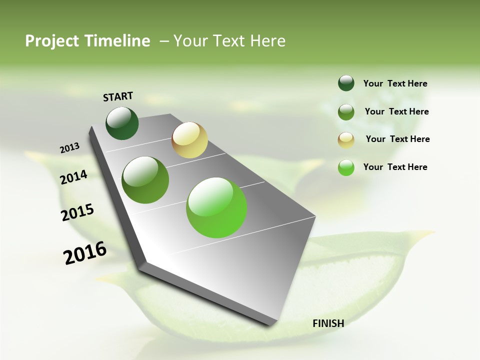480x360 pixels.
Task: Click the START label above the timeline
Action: (x=118, y=96)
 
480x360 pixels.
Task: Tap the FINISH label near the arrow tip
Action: (x=328, y=323)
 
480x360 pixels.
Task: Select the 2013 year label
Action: (x=69, y=148)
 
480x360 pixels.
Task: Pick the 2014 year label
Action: (x=73, y=177)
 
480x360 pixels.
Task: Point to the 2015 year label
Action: (x=77, y=212)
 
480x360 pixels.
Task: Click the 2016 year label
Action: (x=85, y=252)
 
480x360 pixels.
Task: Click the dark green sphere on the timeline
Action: (x=122, y=123)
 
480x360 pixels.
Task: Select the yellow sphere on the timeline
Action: (x=189, y=140)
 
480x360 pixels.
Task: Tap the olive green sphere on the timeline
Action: (x=145, y=180)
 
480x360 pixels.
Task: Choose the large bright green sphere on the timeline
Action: (x=216, y=207)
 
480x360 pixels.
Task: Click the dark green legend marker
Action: (x=346, y=83)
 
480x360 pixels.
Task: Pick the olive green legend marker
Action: (x=346, y=112)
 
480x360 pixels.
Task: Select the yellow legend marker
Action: (x=346, y=140)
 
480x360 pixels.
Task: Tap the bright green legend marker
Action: (x=346, y=167)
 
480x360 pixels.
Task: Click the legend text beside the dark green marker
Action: (x=395, y=83)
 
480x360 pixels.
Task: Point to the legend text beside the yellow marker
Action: (x=397, y=139)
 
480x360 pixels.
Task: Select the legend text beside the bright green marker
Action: (x=395, y=167)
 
